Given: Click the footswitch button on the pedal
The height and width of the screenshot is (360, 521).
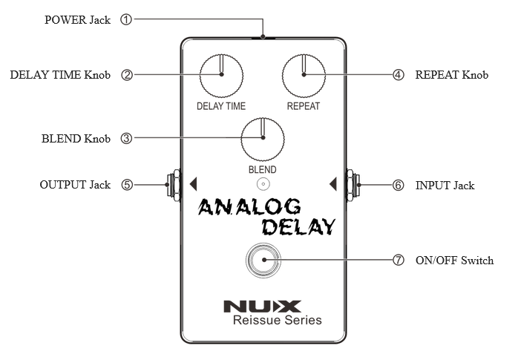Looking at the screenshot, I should [x=262, y=261].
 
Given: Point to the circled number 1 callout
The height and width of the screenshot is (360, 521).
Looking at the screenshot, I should [x=125, y=20].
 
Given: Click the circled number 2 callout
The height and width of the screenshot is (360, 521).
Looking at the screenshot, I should [x=127, y=75].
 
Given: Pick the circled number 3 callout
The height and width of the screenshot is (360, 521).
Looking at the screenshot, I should [x=125, y=139].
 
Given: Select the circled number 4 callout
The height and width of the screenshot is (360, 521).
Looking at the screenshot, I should [x=399, y=75].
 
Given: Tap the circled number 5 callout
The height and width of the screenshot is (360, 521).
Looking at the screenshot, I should [x=127, y=185].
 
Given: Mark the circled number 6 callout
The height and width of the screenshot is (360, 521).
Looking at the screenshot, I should [x=399, y=185].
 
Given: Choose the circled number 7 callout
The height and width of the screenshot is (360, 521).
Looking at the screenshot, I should [x=399, y=261].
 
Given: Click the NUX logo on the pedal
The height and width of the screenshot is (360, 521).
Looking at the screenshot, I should [x=262, y=304].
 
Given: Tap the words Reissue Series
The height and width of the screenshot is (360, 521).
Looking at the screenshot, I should [x=277, y=321].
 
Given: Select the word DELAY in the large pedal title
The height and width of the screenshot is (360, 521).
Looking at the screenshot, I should [x=298, y=226].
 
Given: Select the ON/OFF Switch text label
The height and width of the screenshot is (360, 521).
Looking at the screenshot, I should [x=453, y=261].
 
